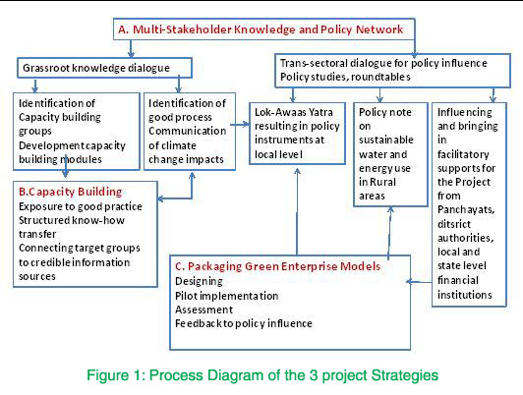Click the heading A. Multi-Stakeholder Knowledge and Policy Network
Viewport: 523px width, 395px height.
pyautogui.click(x=261, y=29)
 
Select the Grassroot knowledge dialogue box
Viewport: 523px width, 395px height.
pyautogui.click(x=105, y=68)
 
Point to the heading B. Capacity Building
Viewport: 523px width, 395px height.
pyautogui.click(x=71, y=192)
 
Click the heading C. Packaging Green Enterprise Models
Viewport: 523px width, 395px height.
pyautogui.click(x=277, y=266)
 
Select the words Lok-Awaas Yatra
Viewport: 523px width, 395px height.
pyautogui.click(x=294, y=112)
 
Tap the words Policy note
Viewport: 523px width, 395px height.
pyautogui.click(x=385, y=112)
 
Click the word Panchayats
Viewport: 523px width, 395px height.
pyautogui.click(x=466, y=209)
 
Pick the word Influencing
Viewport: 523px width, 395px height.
pyautogui.click(x=465, y=112)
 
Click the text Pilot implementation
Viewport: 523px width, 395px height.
pyautogui.click(x=227, y=296)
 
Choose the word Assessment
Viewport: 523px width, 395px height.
pyautogui.click(x=203, y=310)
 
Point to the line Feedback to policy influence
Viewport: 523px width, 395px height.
pyautogui.click(x=244, y=323)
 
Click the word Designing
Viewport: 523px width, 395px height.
pyautogui.click(x=199, y=281)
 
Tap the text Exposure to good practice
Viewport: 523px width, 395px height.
pyautogui.click(x=81, y=206)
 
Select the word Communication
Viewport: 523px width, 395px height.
pyautogui.click(x=187, y=131)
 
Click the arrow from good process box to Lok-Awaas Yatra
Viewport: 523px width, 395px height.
pyautogui.click(x=240, y=125)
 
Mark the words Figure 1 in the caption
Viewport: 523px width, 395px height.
pyautogui.click(x=116, y=375)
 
